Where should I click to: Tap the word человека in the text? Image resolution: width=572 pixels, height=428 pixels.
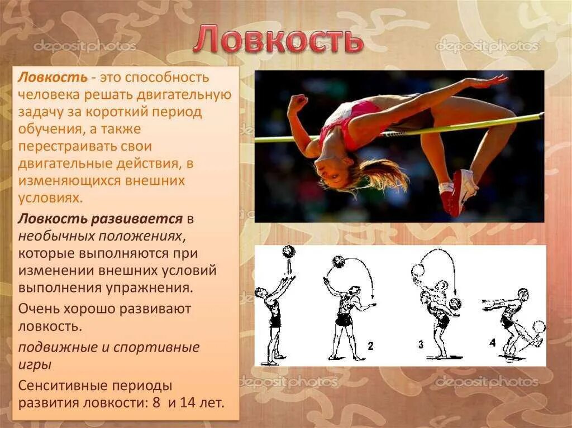click(50, 95)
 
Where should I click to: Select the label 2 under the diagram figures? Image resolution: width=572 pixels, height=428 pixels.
click(370, 346)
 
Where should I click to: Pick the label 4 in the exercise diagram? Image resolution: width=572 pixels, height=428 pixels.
click(492, 343)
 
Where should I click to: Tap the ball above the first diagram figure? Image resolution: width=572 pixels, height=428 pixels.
click(288, 252)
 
